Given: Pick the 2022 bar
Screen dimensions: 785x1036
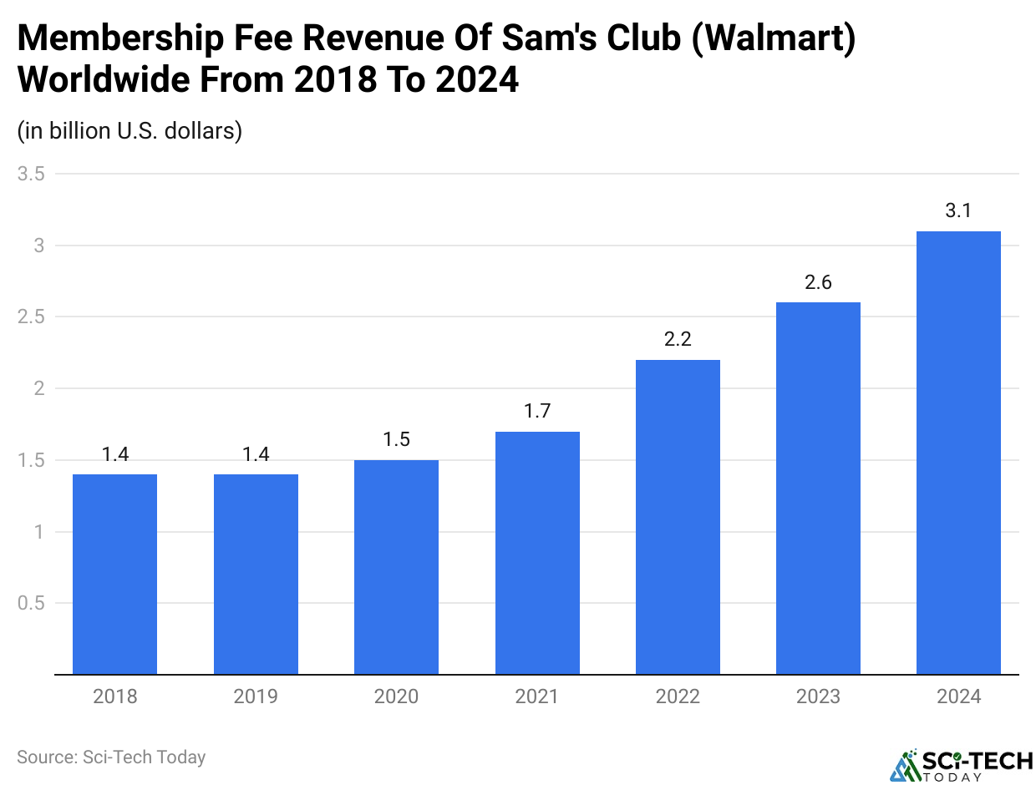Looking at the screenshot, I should (678, 517).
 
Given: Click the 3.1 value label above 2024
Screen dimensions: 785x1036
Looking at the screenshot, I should (958, 211).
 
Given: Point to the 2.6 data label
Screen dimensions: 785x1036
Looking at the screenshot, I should (818, 283).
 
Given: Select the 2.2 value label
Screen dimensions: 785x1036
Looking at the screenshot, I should (678, 340).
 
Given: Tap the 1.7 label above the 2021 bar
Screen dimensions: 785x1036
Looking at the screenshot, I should (537, 412).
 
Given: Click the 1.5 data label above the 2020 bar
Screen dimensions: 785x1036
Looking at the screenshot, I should (396, 440).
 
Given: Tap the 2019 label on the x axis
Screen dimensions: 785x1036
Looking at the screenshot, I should (256, 696).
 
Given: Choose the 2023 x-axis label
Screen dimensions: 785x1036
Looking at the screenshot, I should (818, 696).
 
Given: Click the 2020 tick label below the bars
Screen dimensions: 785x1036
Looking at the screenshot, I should (396, 696).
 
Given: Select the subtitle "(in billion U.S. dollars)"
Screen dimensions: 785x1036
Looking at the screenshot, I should (129, 131).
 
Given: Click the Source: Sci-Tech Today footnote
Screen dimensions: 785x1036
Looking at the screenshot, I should (111, 757).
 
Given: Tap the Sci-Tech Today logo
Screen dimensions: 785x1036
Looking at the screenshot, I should (960, 764).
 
